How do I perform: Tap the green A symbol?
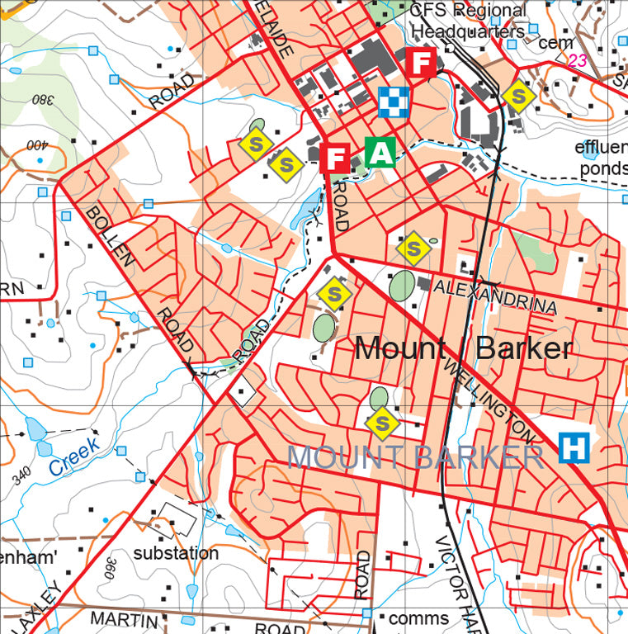pos(380,153)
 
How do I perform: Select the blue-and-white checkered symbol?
pos(394,102)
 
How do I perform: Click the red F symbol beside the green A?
pos(337,157)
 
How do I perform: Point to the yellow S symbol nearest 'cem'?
pos(517,97)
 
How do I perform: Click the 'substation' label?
pos(176,553)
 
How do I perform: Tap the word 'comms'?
pos(418,618)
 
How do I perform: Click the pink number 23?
pos(577,60)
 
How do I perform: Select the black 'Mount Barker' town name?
pos(462,348)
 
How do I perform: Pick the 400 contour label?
pos(37,147)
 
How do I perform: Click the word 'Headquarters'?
pos(467,31)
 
